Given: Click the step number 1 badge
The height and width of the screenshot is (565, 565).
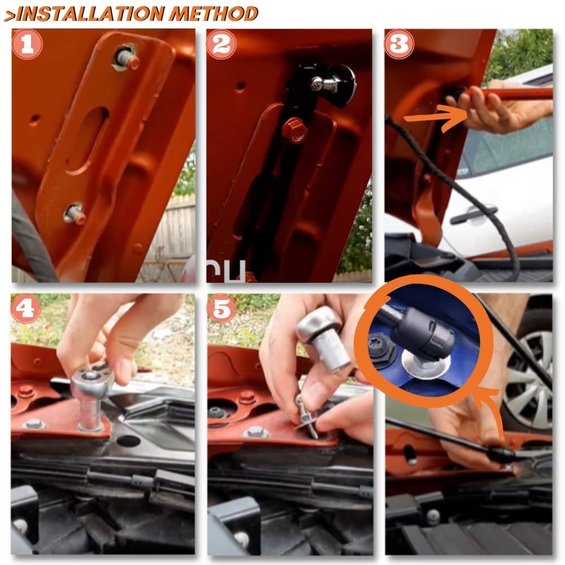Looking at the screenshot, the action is [27, 44].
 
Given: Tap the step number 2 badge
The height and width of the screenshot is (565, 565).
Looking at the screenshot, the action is [221, 44].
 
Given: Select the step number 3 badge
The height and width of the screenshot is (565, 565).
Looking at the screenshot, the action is [399, 44].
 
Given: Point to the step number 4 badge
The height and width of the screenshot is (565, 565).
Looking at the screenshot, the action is [25, 308].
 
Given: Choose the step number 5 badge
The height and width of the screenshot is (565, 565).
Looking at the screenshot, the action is [221, 308].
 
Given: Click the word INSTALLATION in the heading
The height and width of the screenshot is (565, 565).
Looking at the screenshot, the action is [90, 14].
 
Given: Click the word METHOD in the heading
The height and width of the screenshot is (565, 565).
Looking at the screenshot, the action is [214, 14].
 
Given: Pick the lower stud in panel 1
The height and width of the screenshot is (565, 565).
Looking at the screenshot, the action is [75, 214].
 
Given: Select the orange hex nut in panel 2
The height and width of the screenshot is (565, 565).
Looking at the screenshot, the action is [295, 131].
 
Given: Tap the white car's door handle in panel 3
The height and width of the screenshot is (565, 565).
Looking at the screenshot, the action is [473, 214].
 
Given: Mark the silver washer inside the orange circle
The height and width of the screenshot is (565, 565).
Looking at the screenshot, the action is [425, 365].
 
